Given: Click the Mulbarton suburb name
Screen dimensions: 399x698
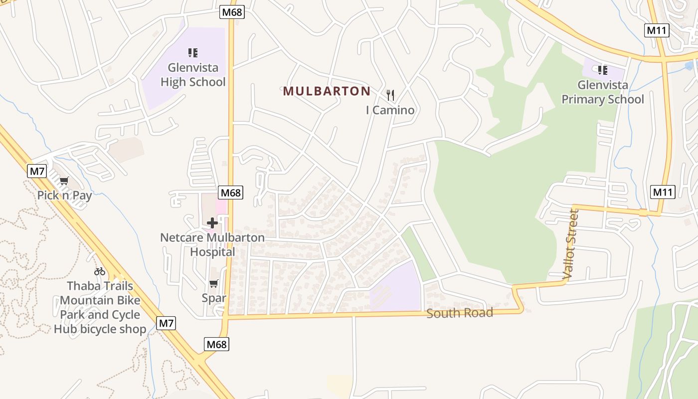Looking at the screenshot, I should point(327,91).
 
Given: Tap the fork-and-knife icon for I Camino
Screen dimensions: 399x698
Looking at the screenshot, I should point(390,95).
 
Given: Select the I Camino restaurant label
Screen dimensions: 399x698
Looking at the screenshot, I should point(390,110).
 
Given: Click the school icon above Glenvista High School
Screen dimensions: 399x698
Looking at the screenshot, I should point(193,52).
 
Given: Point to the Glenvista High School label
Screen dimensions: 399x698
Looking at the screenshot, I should point(193,75).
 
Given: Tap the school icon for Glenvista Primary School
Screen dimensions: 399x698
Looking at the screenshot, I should point(603,70).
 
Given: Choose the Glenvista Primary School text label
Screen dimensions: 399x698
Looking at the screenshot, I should point(603,92).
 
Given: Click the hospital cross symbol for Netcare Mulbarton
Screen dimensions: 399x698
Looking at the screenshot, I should point(212,223).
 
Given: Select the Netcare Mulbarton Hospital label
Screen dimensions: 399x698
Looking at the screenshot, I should point(212,244).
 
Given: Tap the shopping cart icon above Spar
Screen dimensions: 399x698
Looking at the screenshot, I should point(214,284).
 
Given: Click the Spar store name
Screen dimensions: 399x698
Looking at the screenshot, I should point(214,298).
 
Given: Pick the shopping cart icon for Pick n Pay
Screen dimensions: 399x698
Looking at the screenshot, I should point(64,181).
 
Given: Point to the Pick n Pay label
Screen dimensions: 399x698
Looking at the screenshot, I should point(65,195).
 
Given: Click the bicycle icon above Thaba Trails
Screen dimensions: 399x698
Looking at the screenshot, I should point(100,271).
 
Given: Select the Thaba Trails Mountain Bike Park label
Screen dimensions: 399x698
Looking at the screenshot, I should point(100,307).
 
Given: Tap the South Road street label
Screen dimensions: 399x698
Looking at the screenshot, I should point(460,313).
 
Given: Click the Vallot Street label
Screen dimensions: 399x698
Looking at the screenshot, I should point(571,244).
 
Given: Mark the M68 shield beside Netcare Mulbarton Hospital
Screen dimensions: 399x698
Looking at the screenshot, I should point(231,193).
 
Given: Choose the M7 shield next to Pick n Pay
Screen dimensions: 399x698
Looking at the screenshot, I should point(37,172).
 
